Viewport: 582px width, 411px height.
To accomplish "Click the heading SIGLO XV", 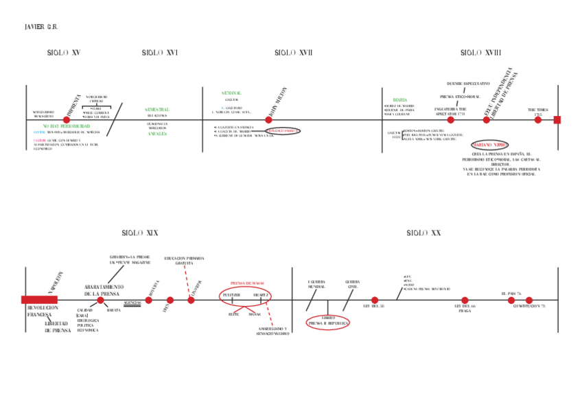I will click(64, 53).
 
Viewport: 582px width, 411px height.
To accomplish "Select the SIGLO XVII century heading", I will click(294, 53).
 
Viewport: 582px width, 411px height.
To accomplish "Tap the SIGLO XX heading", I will click(423, 233).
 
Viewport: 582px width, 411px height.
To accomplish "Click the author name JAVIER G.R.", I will click(41, 27).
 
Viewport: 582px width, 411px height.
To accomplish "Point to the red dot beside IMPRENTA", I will click(67, 120).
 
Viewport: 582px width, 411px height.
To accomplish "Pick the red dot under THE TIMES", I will click(538, 120).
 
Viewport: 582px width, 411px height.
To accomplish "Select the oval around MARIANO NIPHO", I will click(490, 145).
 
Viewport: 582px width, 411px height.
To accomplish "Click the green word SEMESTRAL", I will click(157, 110).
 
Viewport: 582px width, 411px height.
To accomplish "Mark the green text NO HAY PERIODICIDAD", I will click(66, 127).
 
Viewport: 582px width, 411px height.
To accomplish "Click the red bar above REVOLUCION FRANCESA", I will click(39, 300).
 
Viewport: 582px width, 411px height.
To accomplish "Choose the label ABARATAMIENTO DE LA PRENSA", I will click(103, 290).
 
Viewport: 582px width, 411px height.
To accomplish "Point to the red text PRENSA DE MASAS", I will click(247, 283).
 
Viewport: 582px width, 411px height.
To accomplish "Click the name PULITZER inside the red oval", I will click(231, 294).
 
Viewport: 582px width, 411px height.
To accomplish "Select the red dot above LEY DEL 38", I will click(375, 300).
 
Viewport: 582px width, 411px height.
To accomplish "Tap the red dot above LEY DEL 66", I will click(465, 300).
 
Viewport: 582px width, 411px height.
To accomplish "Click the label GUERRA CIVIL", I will click(352, 284).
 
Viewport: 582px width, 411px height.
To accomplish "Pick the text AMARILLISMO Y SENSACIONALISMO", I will click(272, 331).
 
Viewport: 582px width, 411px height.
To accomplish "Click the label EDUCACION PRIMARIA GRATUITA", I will click(184, 261).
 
